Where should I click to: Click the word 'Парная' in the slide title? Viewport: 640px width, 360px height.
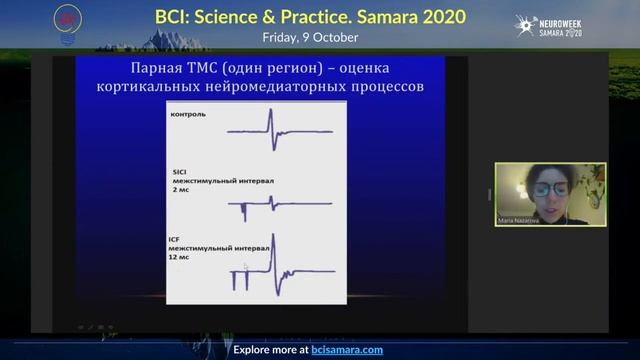pyautogui.click(x=164, y=68)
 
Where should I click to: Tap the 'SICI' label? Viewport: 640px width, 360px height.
pyautogui.click(x=179, y=172)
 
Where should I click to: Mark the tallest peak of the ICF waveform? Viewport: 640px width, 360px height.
pyautogui.click(x=276, y=238)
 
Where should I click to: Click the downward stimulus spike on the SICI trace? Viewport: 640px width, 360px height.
pyautogui.click(x=243, y=213)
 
